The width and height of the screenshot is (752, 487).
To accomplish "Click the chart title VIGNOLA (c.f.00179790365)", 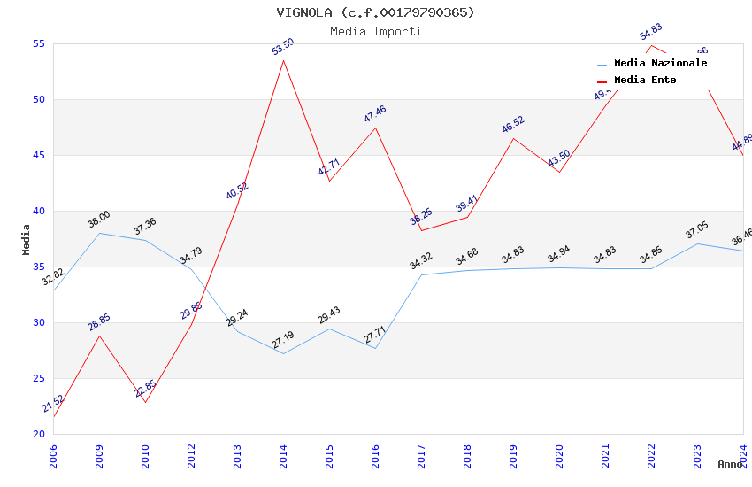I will pos(375,12).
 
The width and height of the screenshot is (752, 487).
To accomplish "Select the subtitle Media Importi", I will pos(375,31).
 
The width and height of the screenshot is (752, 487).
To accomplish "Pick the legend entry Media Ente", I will pos(645,80).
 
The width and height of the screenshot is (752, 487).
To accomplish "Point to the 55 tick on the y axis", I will pos(38,43).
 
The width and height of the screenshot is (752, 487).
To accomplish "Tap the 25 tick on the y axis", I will pos(38,378).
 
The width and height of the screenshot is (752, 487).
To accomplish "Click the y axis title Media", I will pos(26,239).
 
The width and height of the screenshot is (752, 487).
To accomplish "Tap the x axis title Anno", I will pos(730,464).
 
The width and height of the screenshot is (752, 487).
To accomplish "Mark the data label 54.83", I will pos(651,33).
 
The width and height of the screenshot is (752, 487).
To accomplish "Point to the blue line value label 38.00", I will pos(99,219).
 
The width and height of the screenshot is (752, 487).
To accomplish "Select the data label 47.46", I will pos(375,114).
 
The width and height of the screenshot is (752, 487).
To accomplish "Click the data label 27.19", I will pos(283,339).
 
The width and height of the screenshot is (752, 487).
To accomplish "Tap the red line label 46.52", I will pos(513,124).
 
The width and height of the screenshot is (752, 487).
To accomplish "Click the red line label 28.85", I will pos(99,321).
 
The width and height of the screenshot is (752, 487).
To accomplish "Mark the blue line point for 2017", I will pos(421,274).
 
